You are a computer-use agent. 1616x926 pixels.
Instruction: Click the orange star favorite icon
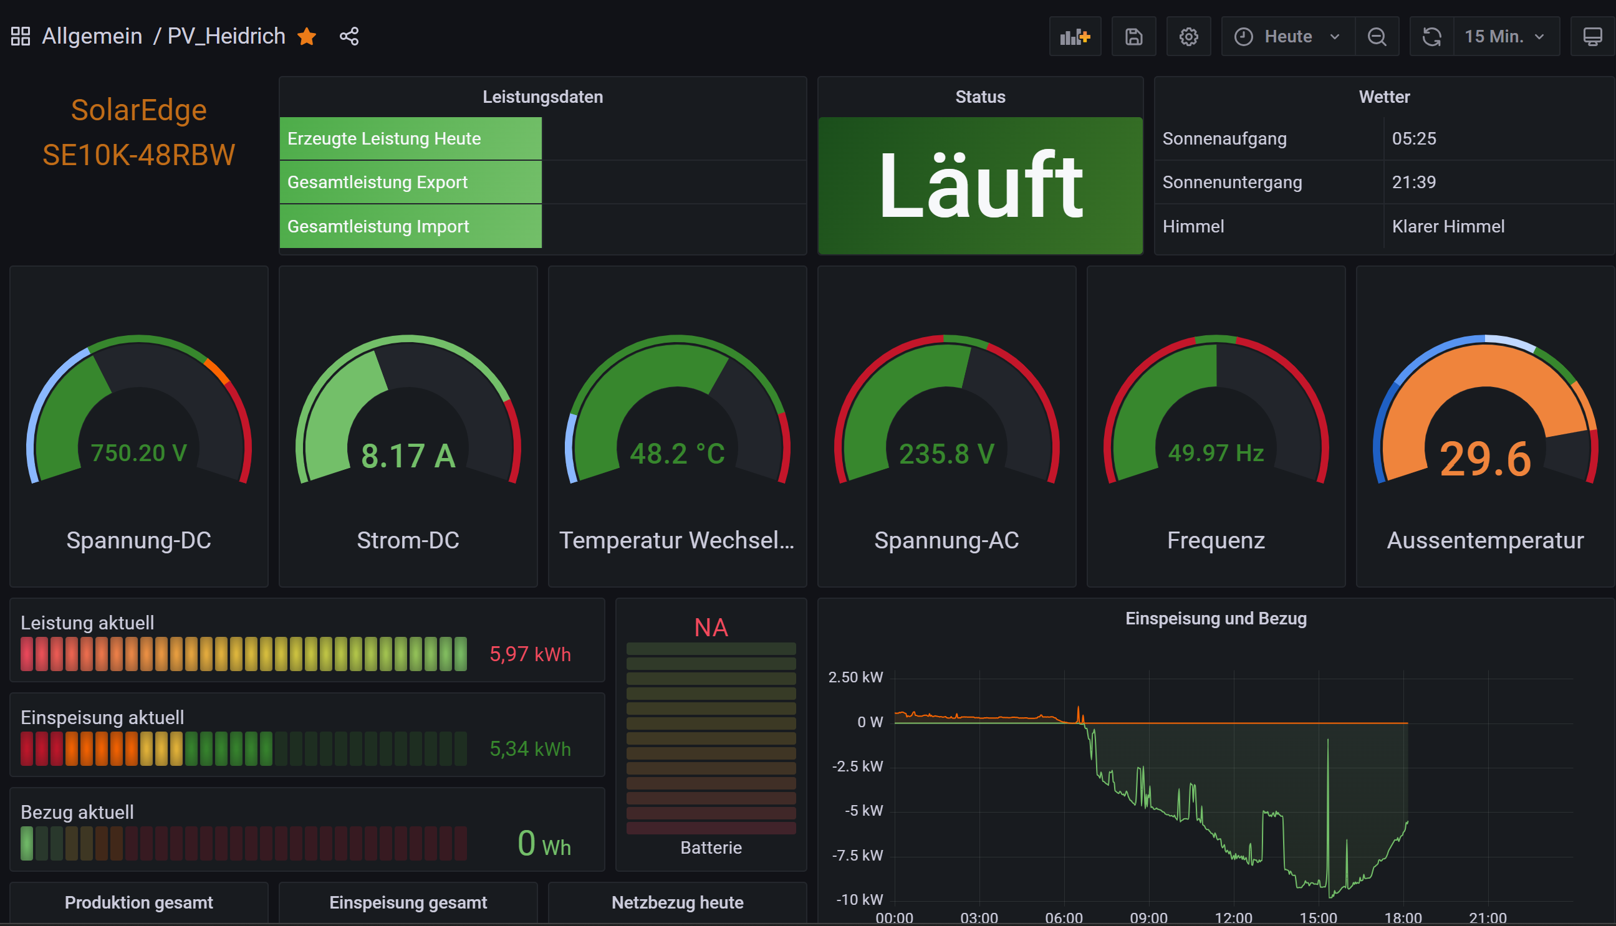click(x=307, y=36)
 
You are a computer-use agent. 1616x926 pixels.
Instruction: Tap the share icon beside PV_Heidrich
click(x=349, y=36)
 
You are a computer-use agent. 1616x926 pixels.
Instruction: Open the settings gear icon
click(x=1188, y=36)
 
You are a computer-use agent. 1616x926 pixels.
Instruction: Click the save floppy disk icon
click(x=1133, y=36)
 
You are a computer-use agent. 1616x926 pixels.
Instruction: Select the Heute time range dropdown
click(x=1287, y=36)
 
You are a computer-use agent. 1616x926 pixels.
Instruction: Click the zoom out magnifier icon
click(x=1377, y=36)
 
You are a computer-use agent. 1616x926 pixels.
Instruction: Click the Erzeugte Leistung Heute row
click(x=384, y=138)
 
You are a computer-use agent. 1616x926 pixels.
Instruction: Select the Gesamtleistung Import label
click(x=378, y=226)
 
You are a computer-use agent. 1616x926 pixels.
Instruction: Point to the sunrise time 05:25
click(x=1413, y=138)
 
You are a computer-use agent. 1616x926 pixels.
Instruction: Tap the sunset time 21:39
click(x=1413, y=183)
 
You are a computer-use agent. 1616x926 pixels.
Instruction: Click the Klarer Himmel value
click(x=1448, y=226)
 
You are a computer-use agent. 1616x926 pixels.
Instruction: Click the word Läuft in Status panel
click(x=981, y=186)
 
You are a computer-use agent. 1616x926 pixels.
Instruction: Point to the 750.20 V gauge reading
click(x=138, y=453)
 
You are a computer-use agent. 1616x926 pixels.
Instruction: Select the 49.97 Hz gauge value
click(x=1216, y=453)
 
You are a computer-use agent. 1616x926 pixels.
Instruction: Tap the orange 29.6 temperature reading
click(x=1485, y=459)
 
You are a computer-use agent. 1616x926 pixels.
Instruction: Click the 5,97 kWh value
click(x=530, y=654)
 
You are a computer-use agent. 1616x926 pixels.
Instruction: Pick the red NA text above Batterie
click(x=711, y=628)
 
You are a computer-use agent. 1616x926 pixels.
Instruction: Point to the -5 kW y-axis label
click(x=863, y=811)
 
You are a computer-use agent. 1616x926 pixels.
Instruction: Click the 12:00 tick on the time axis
click(x=1233, y=918)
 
